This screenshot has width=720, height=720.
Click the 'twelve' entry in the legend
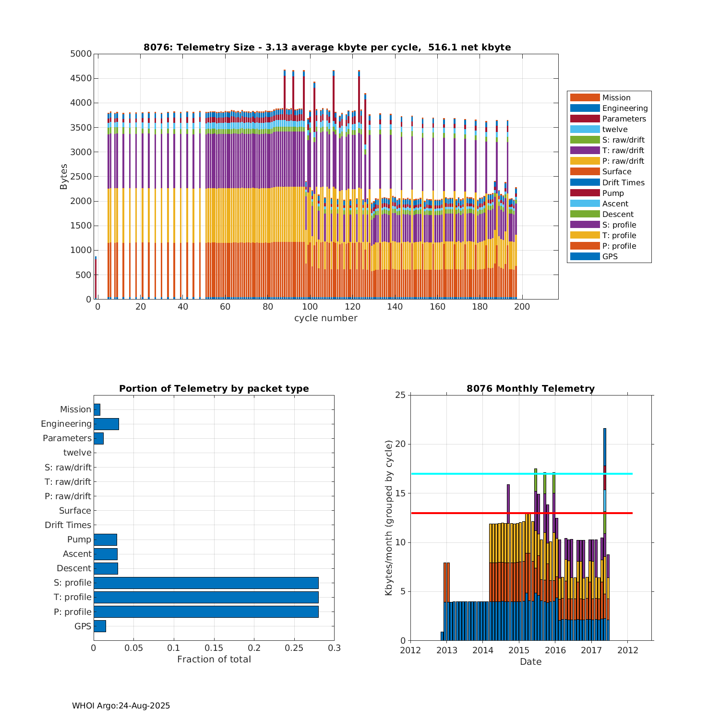click(614, 129)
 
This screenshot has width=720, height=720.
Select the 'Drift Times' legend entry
click(623, 182)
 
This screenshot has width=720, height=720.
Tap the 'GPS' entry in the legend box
click(610, 256)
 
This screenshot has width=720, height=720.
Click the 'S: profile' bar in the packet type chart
click(206, 583)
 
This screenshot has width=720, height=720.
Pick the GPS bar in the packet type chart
click(100, 626)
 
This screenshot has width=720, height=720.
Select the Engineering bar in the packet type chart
click(106, 424)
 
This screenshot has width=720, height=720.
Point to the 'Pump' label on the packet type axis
click(79, 540)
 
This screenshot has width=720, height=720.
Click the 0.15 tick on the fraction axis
click(214, 648)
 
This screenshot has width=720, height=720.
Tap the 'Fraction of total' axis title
click(214, 660)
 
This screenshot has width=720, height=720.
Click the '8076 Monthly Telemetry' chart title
click(530, 389)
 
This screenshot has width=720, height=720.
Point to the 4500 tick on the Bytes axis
click(81, 78)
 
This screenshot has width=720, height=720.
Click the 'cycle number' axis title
click(325, 318)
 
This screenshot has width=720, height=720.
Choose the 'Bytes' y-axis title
click(64, 177)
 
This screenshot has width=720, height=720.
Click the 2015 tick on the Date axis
click(519, 650)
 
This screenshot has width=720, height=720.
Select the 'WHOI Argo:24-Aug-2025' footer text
click(121, 706)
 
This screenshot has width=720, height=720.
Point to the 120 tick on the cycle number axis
click(352, 307)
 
